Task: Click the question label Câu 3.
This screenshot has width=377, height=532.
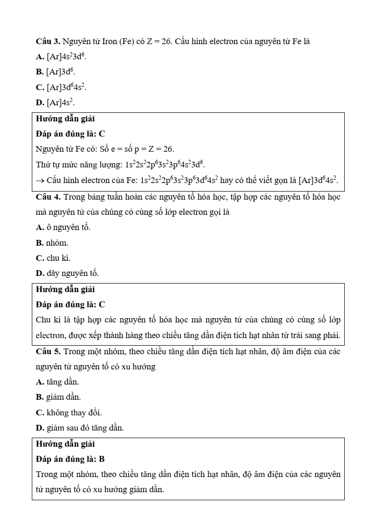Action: [48, 41]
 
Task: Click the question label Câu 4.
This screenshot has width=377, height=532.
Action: [48, 196]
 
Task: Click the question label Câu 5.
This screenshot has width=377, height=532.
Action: [48, 351]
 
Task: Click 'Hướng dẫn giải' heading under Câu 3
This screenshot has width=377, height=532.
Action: [66, 119]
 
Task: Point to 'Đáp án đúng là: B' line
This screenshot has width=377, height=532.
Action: [70, 459]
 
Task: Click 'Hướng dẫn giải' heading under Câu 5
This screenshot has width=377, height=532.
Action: [66, 444]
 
